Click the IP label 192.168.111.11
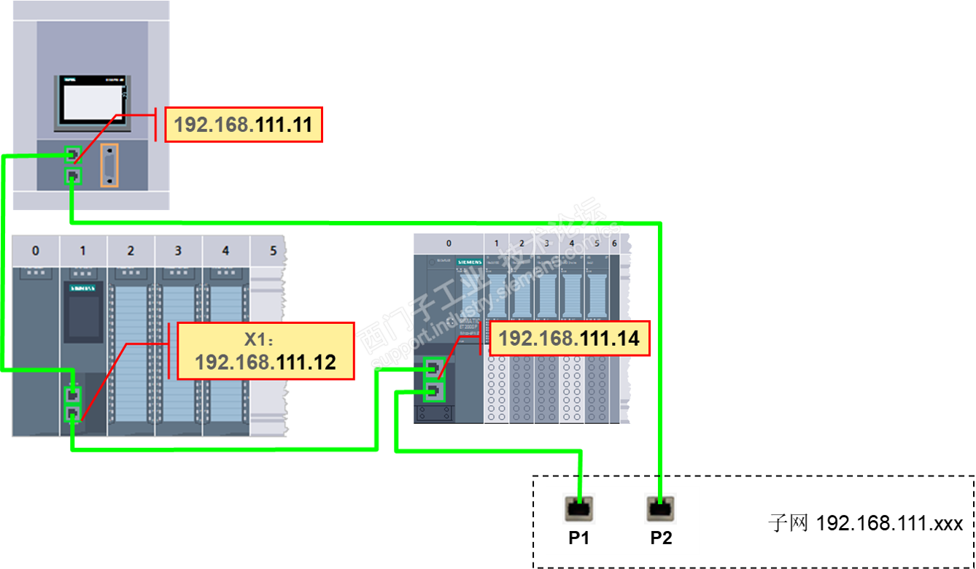[244, 125]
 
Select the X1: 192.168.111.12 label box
[266, 352]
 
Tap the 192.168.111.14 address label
[569, 338]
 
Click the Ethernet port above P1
[579, 508]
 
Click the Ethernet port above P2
[661, 508]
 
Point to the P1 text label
[579, 539]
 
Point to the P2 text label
[661, 539]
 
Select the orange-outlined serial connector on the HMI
[109, 165]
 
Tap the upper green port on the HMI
[72, 155]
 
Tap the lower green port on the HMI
[72, 176]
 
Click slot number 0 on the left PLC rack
[36, 251]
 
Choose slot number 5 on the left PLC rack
[273, 251]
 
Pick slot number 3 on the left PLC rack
[178, 251]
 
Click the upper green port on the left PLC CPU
[73, 395]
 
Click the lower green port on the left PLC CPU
[73, 414]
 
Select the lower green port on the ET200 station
[434, 392]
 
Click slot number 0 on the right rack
[449, 244]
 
